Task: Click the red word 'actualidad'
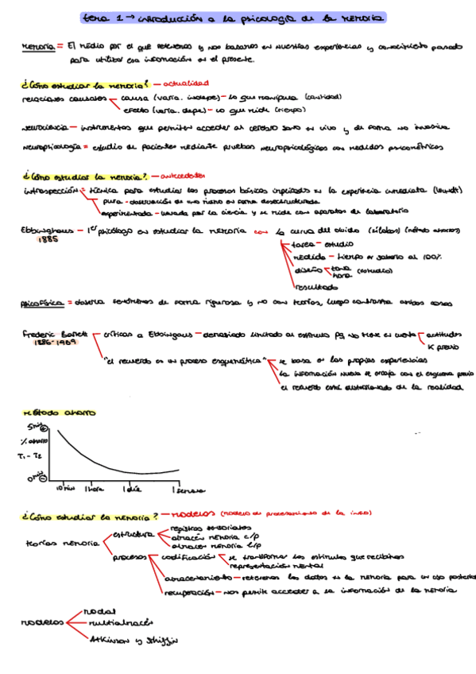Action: (186, 83)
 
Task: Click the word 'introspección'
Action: (50, 191)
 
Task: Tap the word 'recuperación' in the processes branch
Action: (189, 591)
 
